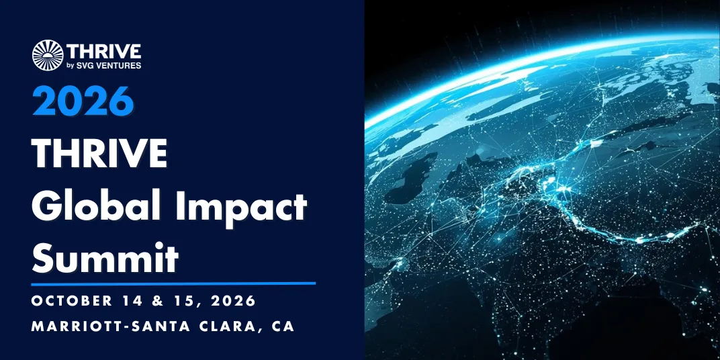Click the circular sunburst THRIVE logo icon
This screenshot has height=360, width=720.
coord(48,55)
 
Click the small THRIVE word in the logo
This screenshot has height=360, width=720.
coord(104,52)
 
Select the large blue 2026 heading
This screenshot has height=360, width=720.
coord(83,101)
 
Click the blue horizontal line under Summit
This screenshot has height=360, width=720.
coord(173,283)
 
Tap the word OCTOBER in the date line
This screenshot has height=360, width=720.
coord(72,301)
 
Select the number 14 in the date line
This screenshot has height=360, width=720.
coord(133,301)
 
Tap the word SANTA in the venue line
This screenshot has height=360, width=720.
coord(159,326)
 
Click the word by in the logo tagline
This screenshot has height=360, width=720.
coord(71,66)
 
